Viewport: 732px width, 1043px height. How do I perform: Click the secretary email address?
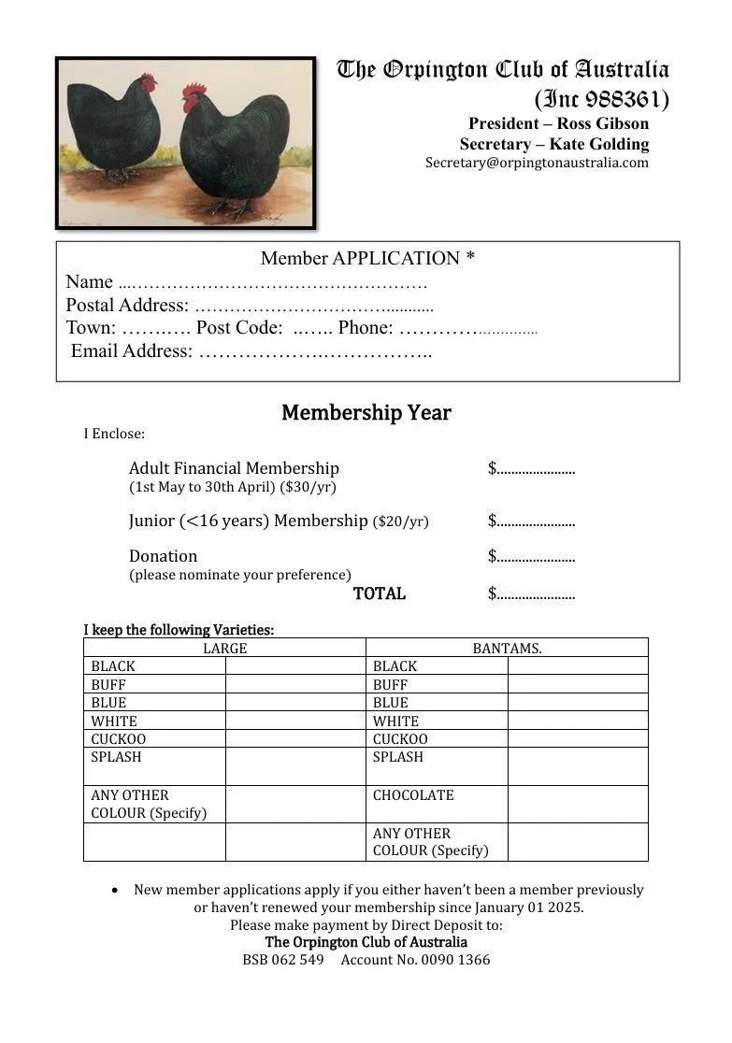coord(537,163)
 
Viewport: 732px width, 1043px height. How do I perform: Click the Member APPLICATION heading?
coord(367,258)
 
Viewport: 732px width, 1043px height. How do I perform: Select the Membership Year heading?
coord(366,413)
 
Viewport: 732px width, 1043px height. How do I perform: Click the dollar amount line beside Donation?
coord(532,557)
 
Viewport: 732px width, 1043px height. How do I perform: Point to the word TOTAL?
coord(380,593)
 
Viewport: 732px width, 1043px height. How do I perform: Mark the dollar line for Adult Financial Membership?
coord(532,468)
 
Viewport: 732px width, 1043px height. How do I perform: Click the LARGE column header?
coord(225,648)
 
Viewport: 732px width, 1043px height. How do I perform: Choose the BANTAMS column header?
coord(507,648)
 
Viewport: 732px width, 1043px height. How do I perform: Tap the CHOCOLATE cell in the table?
coord(413,795)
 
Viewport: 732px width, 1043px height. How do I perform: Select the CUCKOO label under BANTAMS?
coord(400,739)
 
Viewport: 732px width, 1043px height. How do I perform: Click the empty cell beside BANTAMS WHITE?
coord(578,721)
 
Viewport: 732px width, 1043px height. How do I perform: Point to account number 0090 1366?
coord(455,960)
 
